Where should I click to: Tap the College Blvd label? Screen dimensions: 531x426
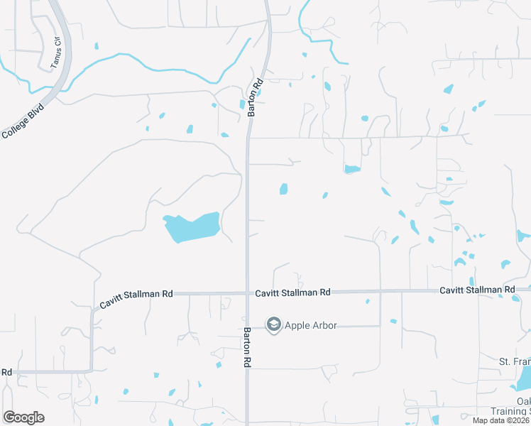[x=23, y=121]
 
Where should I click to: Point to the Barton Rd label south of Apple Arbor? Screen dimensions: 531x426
[x=248, y=347]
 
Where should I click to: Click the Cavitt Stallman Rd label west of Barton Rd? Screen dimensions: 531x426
[x=136, y=297]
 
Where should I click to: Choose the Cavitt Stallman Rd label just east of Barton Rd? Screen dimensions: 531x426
[x=293, y=292]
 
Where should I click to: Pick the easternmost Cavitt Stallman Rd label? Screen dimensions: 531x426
[x=477, y=290]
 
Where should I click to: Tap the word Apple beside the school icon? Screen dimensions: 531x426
[x=297, y=325]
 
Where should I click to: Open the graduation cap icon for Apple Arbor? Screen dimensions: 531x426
[x=273, y=324]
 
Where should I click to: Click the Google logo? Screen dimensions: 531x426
[x=23, y=417]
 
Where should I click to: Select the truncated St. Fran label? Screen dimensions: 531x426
[x=514, y=362]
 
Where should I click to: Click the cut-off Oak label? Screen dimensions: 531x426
[x=523, y=400]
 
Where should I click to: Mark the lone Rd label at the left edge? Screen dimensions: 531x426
[x=6, y=371]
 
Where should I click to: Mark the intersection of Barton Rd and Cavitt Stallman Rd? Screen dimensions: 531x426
[x=247, y=293]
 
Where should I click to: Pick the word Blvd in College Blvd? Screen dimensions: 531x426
[x=34, y=114]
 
